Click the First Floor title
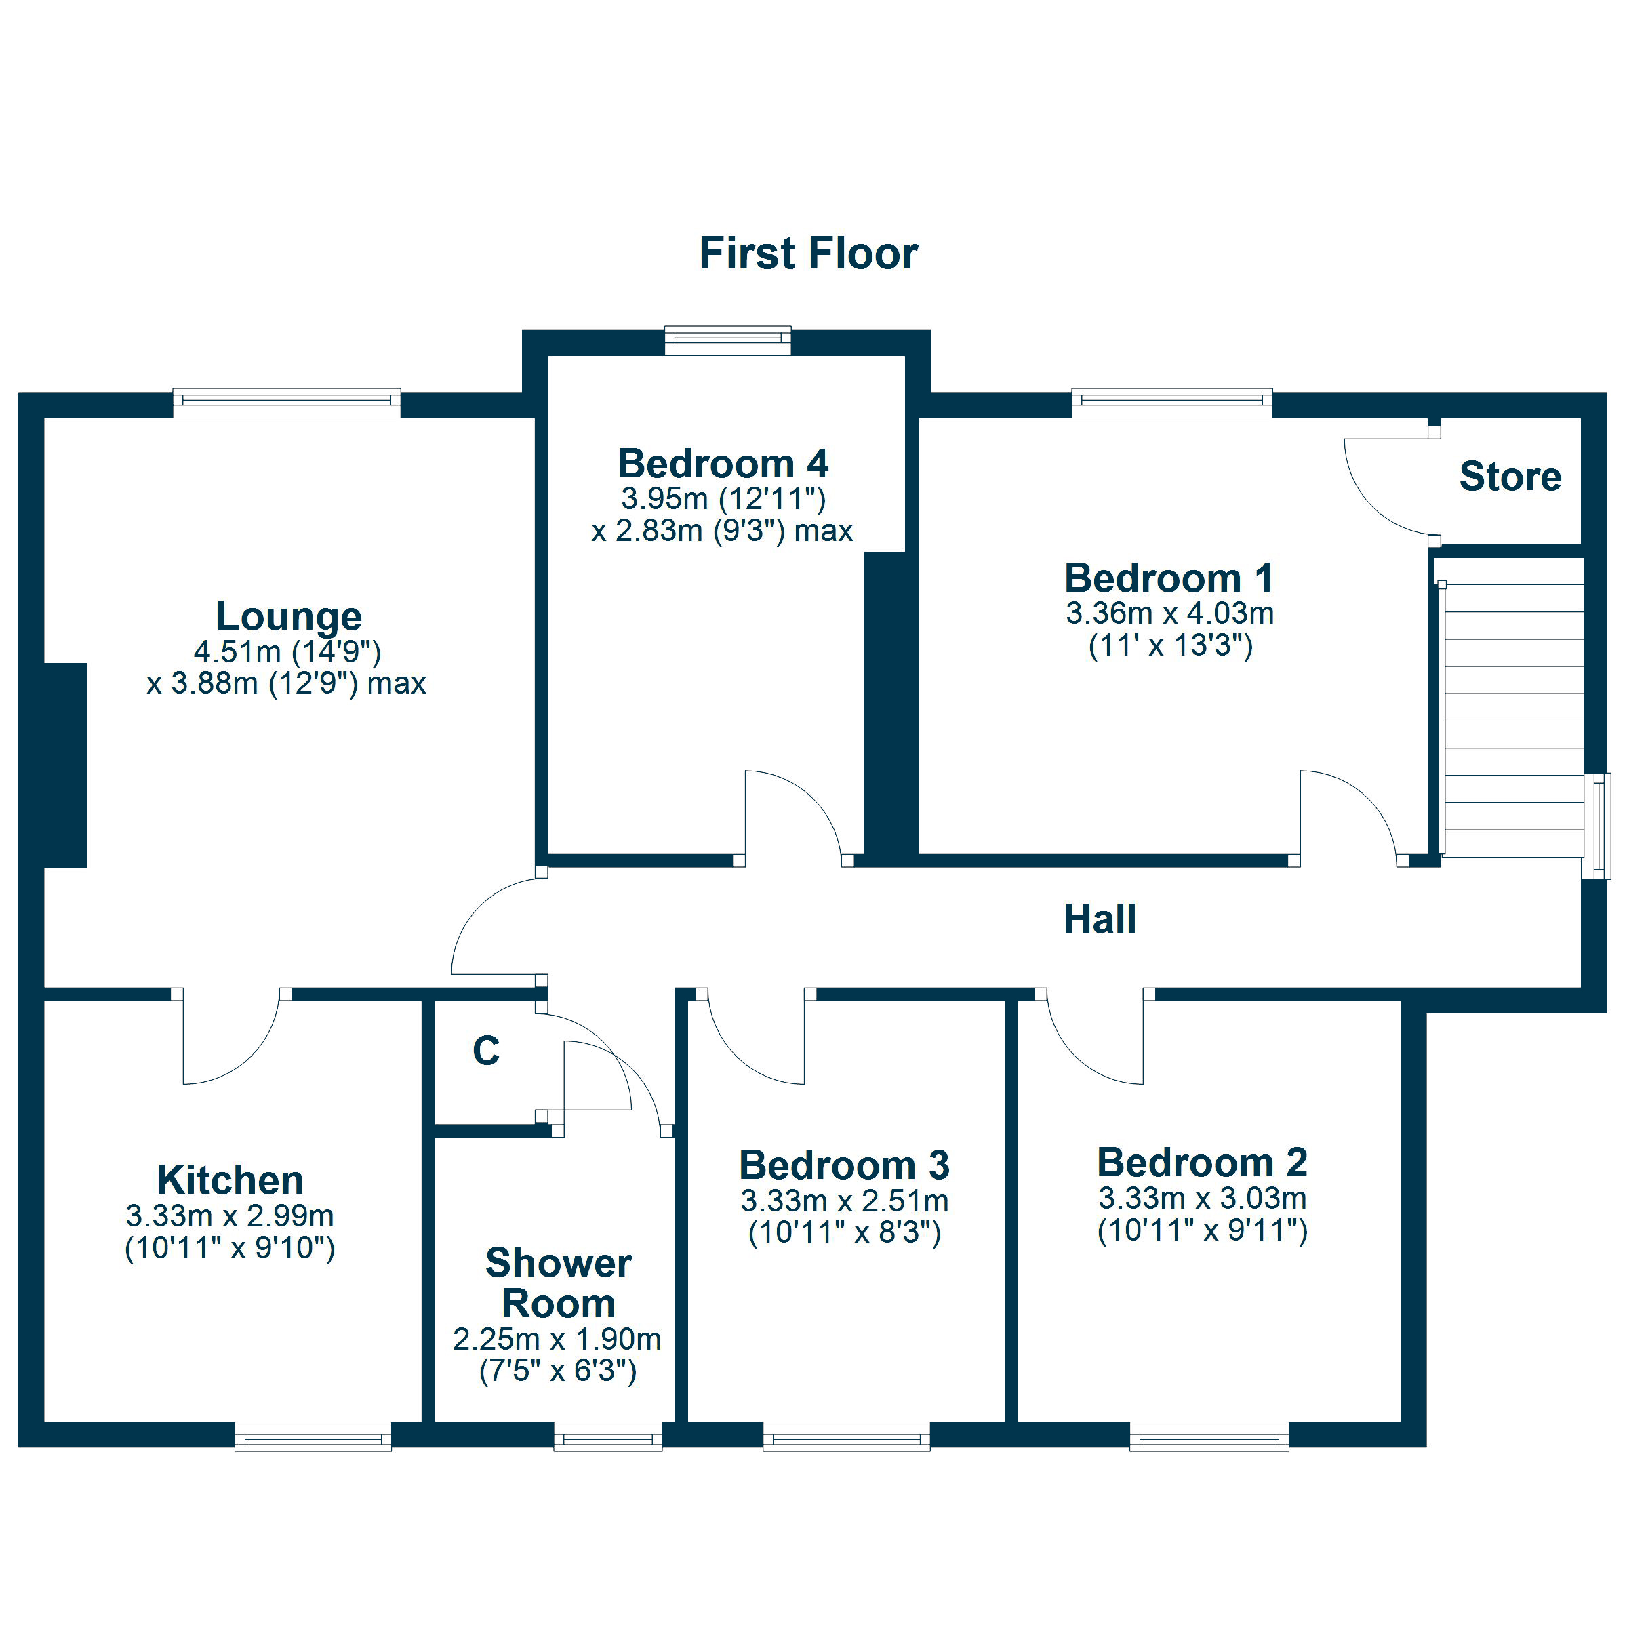point(809,254)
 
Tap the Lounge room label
point(289,616)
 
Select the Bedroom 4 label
point(723,463)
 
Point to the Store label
point(1510,477)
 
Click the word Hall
point(1100,919)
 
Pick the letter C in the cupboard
point(486,1050)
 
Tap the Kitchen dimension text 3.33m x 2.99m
point(230,1216)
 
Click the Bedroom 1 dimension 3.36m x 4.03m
point(1169,613)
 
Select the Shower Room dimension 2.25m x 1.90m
point(557,1339)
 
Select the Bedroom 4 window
point(727,340)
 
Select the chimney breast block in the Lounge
point(65,765)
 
